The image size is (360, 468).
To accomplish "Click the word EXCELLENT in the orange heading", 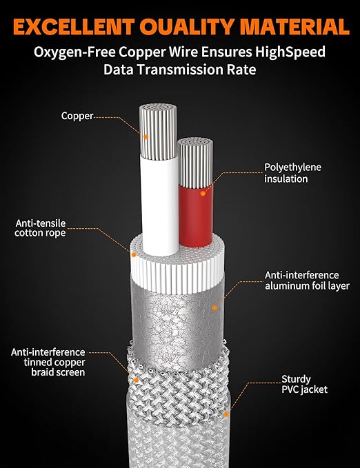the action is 74,27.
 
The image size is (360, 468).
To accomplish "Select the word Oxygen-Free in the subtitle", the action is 74,52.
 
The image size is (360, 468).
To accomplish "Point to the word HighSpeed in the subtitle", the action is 290,52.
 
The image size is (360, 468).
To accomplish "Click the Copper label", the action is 77,116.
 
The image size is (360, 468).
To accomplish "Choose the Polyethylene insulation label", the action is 292,173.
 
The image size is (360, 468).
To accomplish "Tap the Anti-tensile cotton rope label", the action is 40,228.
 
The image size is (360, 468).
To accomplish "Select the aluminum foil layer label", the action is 307,281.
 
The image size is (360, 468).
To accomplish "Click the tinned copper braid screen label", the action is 48,362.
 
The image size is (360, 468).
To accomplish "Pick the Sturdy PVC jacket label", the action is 304,384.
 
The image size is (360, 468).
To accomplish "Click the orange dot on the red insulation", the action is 203,194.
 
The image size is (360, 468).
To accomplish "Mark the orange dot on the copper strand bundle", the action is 146,136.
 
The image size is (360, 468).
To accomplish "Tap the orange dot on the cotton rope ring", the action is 134,254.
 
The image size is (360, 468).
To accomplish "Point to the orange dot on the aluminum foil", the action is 214,307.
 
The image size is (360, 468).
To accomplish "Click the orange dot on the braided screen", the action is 137,380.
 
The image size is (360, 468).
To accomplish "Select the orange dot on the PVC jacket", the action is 226,414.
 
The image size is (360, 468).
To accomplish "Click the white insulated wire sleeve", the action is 160,206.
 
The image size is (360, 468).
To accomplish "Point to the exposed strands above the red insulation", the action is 195,163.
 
